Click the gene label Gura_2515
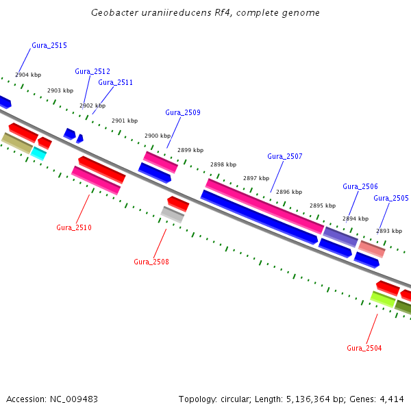coord(49,45)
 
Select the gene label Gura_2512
coord(92,71)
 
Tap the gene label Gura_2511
coord(115,82)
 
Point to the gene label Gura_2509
coord(183,112)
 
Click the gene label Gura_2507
coord(284,156)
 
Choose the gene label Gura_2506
coord(360,186)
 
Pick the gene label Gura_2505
coord(391,198)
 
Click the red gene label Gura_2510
coord(74,227)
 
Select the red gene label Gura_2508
coord(151,262)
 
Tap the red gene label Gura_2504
coord(364,348)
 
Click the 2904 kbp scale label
coord(28,75)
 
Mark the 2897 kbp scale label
coord(256,178)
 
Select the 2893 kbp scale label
coord(389,231)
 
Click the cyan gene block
coord(39,153)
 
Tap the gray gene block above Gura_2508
coord(172,214)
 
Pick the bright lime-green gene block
coord(383,299)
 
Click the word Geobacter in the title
coord(112,13)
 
